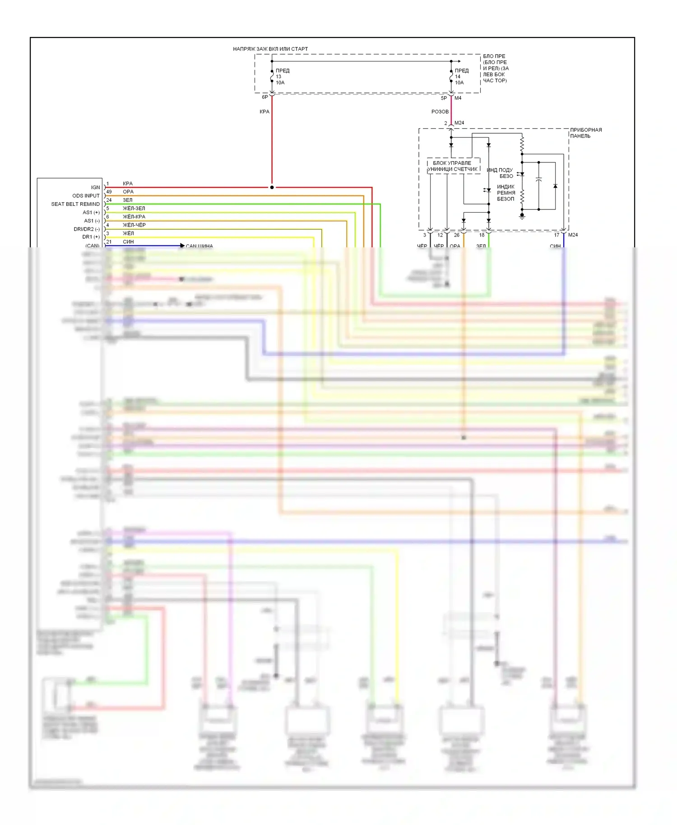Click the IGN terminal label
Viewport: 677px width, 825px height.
[x=95, y=187]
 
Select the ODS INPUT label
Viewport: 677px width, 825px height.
[x=86, y=196]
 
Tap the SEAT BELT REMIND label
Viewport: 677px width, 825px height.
[x=75, y=204]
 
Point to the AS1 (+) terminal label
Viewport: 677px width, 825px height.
[x=91, y=213]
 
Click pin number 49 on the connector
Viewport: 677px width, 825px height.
[x=109, y=192]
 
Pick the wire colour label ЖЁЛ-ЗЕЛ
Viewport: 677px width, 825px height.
[x=134, y=209]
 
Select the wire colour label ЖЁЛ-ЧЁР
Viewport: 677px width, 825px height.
[x=134, y=225]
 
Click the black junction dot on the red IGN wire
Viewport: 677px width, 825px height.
[x=272, y=187]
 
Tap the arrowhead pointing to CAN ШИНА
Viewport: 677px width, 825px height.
[x=182, y=246]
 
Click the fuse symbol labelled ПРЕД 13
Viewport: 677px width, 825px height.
[x=272, y=77]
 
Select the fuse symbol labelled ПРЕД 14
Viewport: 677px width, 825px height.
[x=451, y=77]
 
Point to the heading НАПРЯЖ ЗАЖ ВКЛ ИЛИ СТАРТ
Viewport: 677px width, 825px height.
[x=270, y=49]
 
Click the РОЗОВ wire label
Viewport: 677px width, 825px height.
[x=440, y=111]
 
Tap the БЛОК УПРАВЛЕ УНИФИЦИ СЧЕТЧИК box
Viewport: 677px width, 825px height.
[x=453, y=166]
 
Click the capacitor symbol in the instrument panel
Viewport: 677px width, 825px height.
[x=538, y=180]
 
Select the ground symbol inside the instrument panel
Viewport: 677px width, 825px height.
[x=522, y=217]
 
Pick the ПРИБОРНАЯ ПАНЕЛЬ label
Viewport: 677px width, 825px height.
[x=586, y=133]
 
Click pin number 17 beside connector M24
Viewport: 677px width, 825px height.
[x=556, y=235]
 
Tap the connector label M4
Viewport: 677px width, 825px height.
[x=458, y=98]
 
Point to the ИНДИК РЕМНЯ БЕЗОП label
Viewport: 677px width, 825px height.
[x=506, y=193]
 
